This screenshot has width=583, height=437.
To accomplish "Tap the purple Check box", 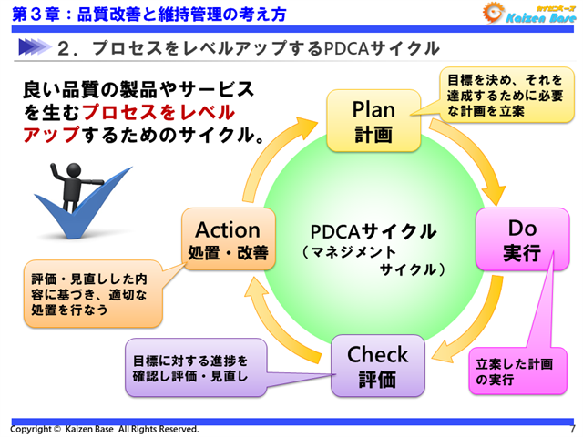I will click(377, 366).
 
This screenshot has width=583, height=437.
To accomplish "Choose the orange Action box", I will click(228, 239).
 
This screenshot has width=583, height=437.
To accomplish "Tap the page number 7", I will click(571, 429).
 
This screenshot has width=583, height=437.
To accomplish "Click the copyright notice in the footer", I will click(104, 429).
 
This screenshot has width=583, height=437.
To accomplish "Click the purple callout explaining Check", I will click(196, 366).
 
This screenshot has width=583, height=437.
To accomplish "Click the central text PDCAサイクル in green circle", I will click(373, 230).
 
